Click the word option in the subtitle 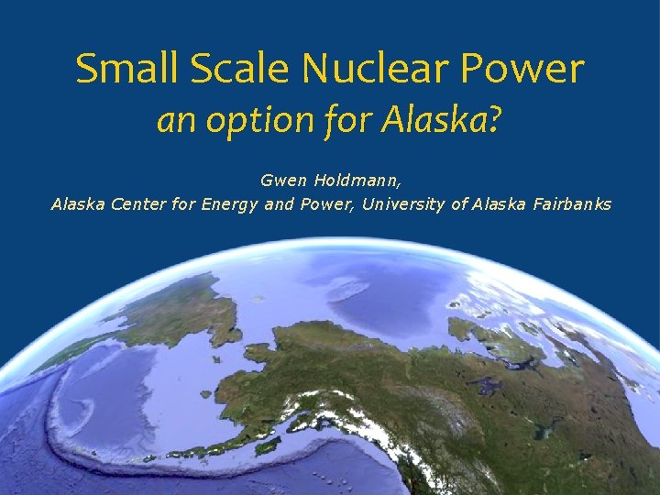coord(243,121)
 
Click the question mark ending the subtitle coord(495,120)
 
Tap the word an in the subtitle coord(171,121)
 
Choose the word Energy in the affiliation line coord(230,203)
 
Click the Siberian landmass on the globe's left coord(165,312)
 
